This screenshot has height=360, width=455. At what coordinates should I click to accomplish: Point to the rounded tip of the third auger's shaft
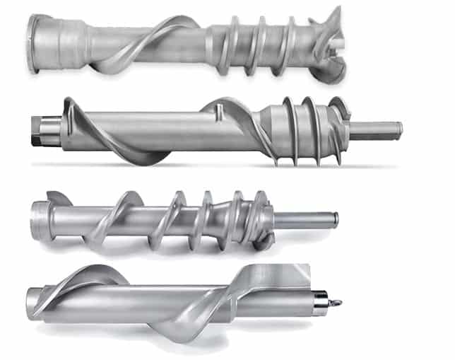point(335,219)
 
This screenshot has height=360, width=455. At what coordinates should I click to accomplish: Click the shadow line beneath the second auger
point(212,167)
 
